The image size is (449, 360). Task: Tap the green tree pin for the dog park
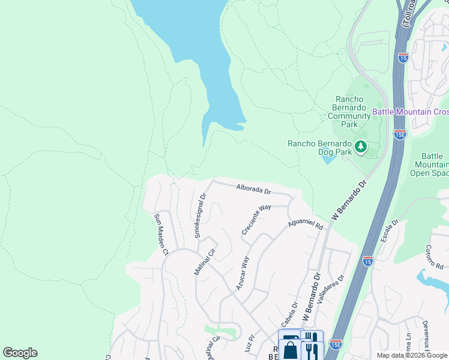pyautogui.click(x=361, y=146)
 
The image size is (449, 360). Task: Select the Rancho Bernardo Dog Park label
pyautogui.click(x=319, y=148)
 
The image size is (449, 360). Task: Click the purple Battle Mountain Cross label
pyautogui.click(x=411, y=112)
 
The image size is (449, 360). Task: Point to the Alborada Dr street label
pyautogui.click(x=254, y=189)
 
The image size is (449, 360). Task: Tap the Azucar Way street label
pyautogui.click(x=243, y=273)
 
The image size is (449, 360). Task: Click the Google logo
pyautogui.click(x=20, y=353)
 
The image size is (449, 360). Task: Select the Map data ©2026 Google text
pyautogui.click(x=412, y=355)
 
